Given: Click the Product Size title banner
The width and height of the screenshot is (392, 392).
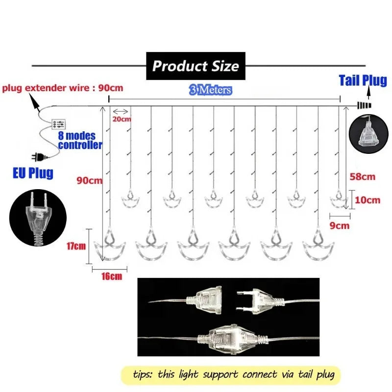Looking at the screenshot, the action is pyautogui.click(x=196, y=66).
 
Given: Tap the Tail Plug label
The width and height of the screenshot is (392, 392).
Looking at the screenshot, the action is pyautogui.click(x=363, y=80).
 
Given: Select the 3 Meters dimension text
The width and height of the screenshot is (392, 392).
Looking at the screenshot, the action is pyautogui.click(x=211, y=90).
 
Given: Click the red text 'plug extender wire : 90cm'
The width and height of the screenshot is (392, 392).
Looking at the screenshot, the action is pyautogui.click(x=63, y=88).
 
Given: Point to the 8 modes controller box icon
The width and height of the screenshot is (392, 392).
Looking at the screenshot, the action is pyautogui.click(x=59, y=124).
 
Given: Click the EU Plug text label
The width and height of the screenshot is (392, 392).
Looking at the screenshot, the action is pyautogui.click(x=33, y=173).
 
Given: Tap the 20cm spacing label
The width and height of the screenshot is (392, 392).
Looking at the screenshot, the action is pyautogui.click(x=122, y=119).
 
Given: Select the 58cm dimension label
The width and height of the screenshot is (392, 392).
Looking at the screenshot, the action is pyautogui.click(x=363, y=177).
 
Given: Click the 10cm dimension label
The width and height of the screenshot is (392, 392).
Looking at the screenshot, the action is pyautogui.click(x=367, y=200).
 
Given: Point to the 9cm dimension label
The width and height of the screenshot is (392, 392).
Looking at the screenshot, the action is pyautogui.click(x=339, y=225).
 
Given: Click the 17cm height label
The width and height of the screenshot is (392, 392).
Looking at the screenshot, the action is pyautogui.click(x=76, y=246).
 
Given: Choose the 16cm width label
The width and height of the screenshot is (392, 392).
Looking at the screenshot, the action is pyautogui.click(x=112, y=276).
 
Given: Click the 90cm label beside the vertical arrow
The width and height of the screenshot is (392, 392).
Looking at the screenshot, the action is pyautogui.click(x=89, y=180).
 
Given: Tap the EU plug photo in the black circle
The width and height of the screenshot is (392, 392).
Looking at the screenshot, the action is pyautogui.click(x=38, y=218).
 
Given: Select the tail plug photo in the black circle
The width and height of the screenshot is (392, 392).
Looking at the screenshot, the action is pyautogui.click(x=368, y=134).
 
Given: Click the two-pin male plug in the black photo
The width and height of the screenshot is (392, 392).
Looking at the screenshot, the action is pyautogui.click(x=260, y=301).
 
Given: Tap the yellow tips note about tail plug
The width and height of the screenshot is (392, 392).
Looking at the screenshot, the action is pyautogui.click(x=231, y=375).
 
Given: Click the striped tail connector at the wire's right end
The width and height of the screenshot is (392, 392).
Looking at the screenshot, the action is pyautogui.click(x=364, y=105).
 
